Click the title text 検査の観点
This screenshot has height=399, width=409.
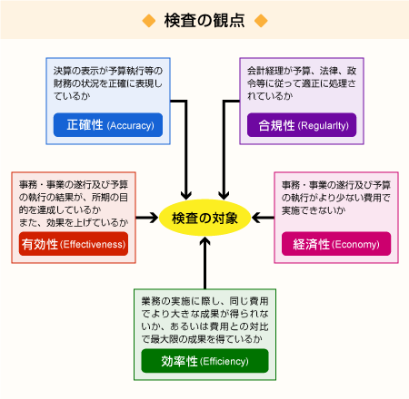click(204, 21)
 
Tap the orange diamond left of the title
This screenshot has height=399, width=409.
click(149, 21)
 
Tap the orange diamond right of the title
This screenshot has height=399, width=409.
click(261, 21)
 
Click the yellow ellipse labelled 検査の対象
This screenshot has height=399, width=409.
click(204, 218)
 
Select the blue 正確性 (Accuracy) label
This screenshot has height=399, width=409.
click(108, 125)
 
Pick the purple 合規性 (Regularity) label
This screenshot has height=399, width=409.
click(302, 125)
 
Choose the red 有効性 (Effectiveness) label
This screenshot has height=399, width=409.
click(74, 244)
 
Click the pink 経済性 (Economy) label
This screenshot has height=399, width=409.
click(336, 244)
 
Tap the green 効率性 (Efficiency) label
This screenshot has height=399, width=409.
click(204, 361)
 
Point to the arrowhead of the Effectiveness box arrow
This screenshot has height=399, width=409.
click(154, 218)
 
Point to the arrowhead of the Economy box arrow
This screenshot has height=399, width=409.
click(257, 218)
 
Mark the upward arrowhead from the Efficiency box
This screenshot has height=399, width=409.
click(205, 241)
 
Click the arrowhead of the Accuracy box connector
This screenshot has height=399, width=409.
click(185, 195)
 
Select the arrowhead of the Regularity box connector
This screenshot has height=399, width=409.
click(224, 195)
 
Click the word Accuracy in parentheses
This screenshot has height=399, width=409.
click(131, 125)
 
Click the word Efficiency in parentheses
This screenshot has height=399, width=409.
click(224, 362)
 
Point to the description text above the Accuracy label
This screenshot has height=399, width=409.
click(108, 83)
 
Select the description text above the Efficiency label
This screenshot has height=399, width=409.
click(204, 320)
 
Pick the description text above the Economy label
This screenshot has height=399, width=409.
click(336, 198)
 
